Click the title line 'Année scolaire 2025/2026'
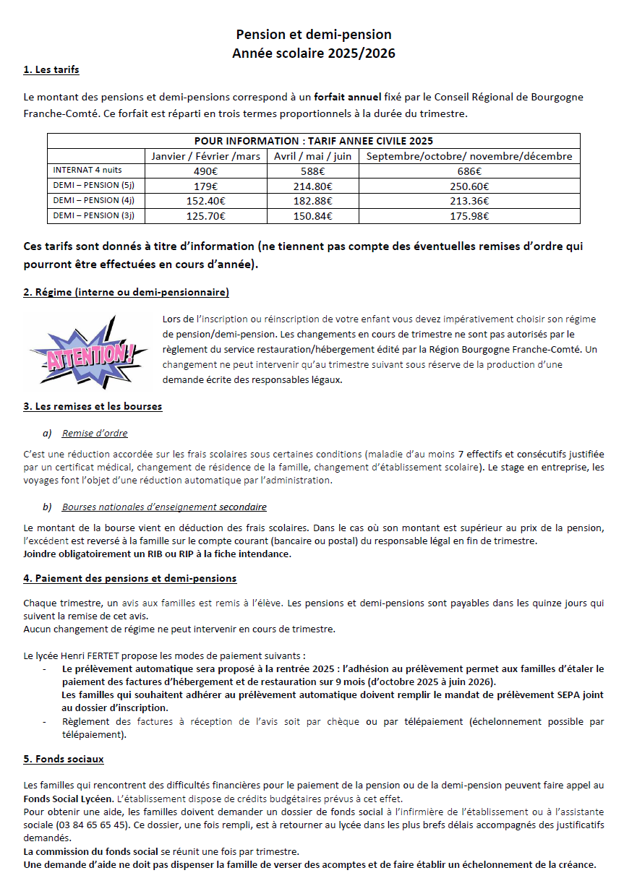click(314, 53)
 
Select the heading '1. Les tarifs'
click(51, 70)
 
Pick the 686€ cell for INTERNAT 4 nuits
click(469, 171)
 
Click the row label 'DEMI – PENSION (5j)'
click(94, 186)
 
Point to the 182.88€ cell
click(314, 201)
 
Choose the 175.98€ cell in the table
click(469, 215)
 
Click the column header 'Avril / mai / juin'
click(314, 156)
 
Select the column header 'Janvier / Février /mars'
click(206, 156)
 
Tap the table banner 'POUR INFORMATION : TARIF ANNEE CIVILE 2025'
click(314, 141)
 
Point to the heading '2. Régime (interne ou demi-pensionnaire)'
click(127, 292)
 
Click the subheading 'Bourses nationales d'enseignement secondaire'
click(164, 507)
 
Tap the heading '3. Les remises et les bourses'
click(93, 406)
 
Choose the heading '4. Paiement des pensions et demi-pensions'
click(130, 578)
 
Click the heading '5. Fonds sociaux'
click(64, 759)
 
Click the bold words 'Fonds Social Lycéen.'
click(68, 799)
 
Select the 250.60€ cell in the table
click(469, 186)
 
